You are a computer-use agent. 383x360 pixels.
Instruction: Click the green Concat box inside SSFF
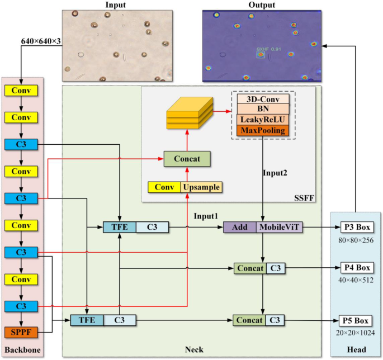coord(187,158)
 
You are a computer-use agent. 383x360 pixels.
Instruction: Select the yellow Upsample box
coord(201,187)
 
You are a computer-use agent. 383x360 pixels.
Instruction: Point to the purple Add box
coord(239,228)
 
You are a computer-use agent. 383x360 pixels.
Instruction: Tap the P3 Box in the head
coord(356,228)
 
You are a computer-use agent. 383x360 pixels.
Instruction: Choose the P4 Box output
coord(356,268)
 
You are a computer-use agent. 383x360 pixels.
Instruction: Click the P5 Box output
coord(356,321)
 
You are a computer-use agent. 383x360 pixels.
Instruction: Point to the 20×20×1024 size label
coord(356,333)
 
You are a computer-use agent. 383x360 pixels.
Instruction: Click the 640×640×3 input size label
coord(41,41)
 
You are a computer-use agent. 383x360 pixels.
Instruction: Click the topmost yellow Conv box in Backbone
coord(20,90)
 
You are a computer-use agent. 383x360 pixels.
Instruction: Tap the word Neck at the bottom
coord(193,350)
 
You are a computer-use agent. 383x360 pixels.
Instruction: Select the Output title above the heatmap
coord(262,5)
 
